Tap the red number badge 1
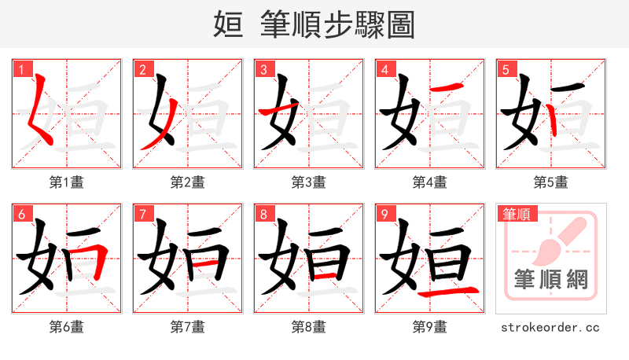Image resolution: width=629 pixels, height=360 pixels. (x=20, y=69)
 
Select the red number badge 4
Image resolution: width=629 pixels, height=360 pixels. (x=384, y=69)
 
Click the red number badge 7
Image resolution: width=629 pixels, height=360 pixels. (x=142, y=214)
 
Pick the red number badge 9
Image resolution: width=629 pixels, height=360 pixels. (x=384, y=214)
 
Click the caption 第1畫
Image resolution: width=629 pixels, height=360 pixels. (x=67, y=182)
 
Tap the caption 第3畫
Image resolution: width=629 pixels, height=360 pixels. (x=309, y=182)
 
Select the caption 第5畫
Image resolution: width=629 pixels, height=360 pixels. (x=551, y=182)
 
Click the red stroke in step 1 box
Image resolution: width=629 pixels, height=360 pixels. (x=39, y=114)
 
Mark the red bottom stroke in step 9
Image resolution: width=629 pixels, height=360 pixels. (x=447, y=293)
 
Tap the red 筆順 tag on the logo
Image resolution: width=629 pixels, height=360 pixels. (x=517, y=214)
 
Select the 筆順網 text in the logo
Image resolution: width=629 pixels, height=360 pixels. (x=550, y=279)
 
